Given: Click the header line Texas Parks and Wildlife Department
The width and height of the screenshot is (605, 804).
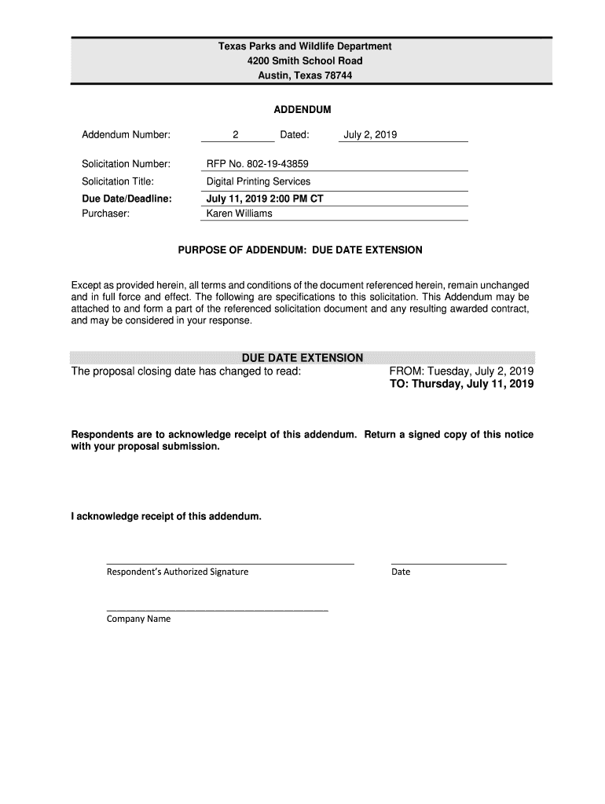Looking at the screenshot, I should click(304, 47).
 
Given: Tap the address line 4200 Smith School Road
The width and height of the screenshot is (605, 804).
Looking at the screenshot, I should click(304, 61).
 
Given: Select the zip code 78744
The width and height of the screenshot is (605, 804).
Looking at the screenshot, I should click(339, 75).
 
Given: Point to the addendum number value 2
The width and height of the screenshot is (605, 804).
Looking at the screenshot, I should click(235, 135).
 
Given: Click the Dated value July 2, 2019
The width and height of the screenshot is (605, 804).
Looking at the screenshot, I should click(370, 135).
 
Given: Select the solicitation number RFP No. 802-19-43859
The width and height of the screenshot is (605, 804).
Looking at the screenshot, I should click(257, 164).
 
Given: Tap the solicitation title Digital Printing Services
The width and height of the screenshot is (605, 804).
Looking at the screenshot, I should click(258, 181).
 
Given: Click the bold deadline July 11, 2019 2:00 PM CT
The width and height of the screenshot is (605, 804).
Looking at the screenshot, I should click(265, 199).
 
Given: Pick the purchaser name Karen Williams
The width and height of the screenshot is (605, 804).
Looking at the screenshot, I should click(239, 214).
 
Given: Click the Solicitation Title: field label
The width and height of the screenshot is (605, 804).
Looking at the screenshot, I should click(118, 181).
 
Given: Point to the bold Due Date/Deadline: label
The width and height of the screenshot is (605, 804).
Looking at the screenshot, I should click(126, 199).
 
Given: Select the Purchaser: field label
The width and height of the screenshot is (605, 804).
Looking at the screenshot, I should click(105, 214).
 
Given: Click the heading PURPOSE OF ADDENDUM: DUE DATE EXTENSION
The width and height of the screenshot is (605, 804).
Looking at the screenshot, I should click(300, 250).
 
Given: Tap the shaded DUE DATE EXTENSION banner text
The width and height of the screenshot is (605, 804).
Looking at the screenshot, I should click(302, 358).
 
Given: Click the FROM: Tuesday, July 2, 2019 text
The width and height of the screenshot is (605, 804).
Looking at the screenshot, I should click(461, 371).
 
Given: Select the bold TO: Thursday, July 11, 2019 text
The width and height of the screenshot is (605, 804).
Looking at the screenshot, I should click(461, 385).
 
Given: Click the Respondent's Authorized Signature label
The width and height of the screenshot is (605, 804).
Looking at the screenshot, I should click(177, 572).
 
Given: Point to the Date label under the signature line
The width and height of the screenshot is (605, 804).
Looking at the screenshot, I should click(401, 572).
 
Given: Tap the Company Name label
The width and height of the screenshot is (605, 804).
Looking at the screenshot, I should click(138, 619).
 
